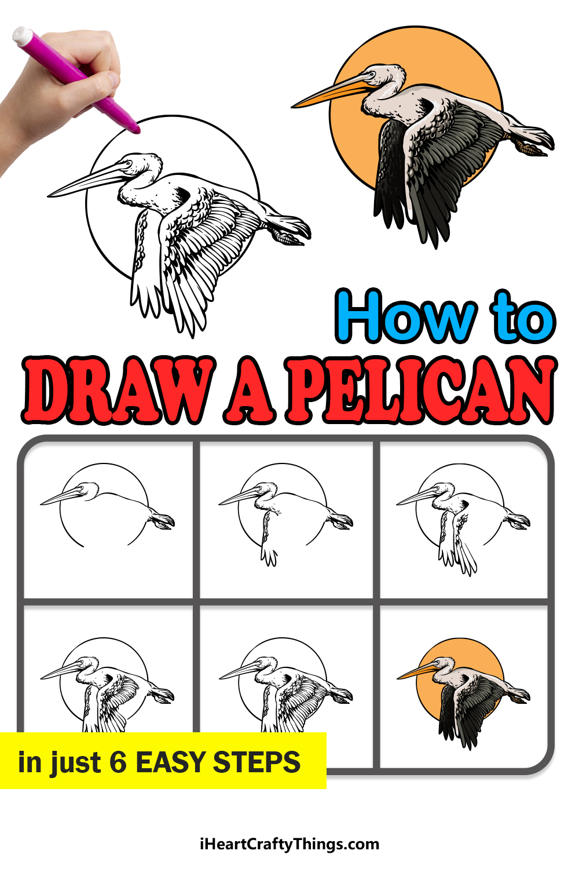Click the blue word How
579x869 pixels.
[406, 316]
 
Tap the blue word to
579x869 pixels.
[523, 316]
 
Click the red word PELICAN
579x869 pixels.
[420, 389]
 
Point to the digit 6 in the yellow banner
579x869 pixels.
[118, 762]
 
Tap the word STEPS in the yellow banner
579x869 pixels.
[256, 762]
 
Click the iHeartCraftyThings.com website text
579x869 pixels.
[289, 844]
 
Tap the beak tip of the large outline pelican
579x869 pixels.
[49, 196]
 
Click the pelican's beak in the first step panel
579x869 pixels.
[62, 496]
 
